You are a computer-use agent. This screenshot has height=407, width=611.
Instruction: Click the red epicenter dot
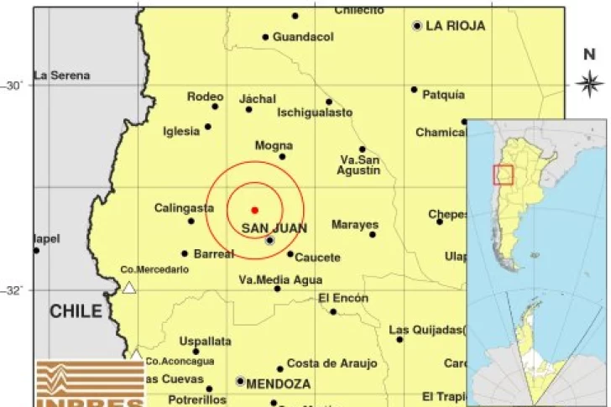point(254,210)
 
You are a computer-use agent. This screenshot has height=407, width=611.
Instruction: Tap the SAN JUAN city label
point(274,227)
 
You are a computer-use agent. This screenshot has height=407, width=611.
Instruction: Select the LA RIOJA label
point(455,26)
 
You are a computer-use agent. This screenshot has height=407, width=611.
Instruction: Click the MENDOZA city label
point(278,384)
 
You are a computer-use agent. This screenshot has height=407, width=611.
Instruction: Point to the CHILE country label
point(76,311)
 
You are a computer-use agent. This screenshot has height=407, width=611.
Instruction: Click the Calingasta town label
point(183,208)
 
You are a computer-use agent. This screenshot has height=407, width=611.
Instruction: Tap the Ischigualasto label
point(315,112)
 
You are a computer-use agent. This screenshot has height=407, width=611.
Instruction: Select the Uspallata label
point(205,341)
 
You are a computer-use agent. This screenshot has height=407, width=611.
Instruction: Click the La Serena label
point(61,76)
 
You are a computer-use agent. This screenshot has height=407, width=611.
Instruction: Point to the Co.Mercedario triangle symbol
point(129,288)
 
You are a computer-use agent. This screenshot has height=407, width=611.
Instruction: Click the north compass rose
point(589,81)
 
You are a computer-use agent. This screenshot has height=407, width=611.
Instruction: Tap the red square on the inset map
point(503,174)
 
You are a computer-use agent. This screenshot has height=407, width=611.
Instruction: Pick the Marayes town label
point(354,225)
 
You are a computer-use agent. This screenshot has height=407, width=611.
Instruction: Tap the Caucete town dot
point(290,254)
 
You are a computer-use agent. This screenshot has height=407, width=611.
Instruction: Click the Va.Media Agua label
point(280,279)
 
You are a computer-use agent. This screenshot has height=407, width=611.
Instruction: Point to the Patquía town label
point(443,95)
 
